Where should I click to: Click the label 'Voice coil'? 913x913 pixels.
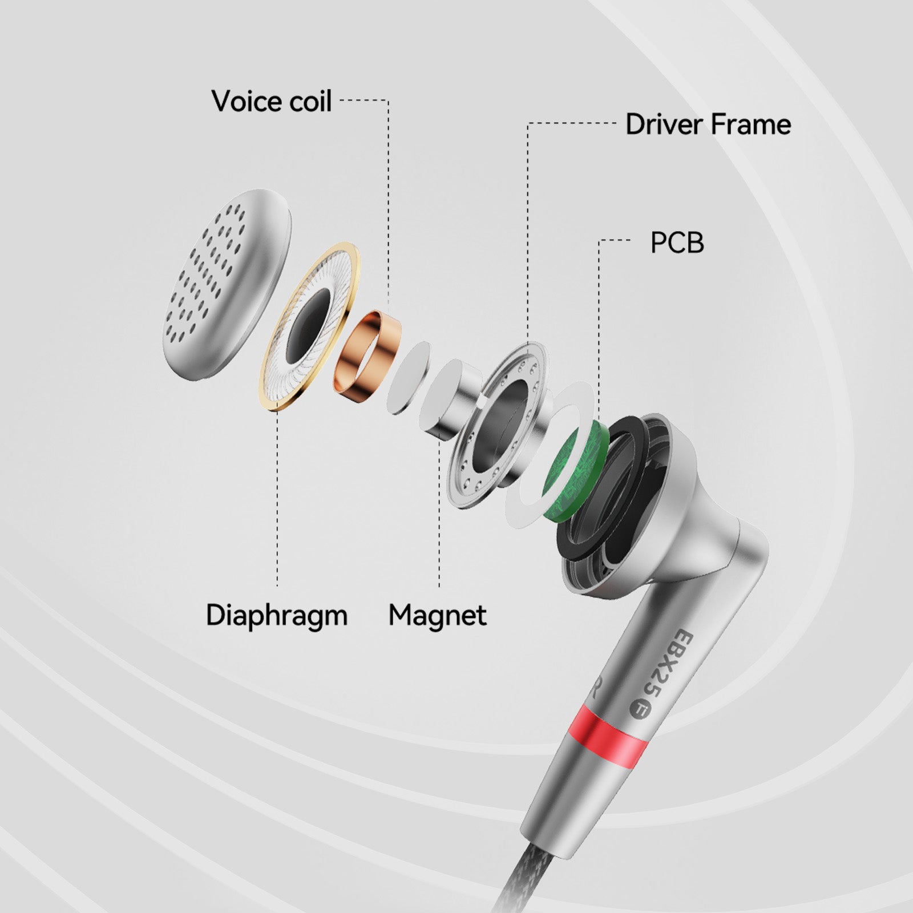pos(271,101)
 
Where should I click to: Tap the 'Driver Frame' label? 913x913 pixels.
pos(708,124)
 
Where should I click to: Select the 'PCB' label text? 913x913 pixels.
pos(677,243)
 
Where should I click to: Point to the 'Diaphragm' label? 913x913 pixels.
pos(277,616)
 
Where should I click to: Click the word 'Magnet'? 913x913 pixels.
pos(438,615)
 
